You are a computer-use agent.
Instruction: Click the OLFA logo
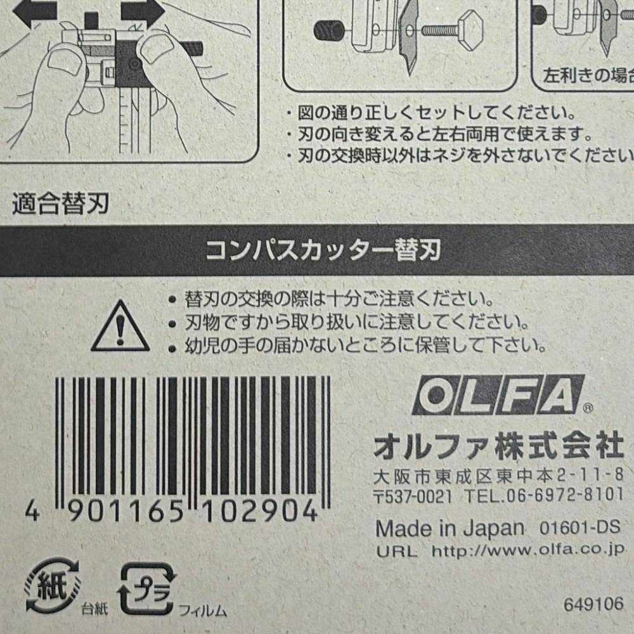pyautogui.click(x=498, y=394)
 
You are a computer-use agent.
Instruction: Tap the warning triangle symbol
pyautogui.click(x=120, y=327)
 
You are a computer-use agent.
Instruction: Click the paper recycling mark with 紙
pyautogui.click(x=52, y=585)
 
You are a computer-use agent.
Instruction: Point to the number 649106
pyautogui.click(x=593, y=605)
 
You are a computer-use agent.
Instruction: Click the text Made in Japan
pyautogui.click(x=450, y=529)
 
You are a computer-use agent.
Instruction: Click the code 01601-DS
pyautogui.click(x=580, y=527)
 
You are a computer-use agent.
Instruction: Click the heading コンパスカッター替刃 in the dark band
pyautogui.click(x=323, y=250)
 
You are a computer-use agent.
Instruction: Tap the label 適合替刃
pyautogui.click(x=61, y=203)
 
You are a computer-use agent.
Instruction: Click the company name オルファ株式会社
pyautogui.click(x=499, y=446)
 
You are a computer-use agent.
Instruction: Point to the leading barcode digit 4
pyautogui.click(x=32, y=512)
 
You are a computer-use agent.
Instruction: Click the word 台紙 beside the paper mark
pyautogui.click(x=94, y=609)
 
